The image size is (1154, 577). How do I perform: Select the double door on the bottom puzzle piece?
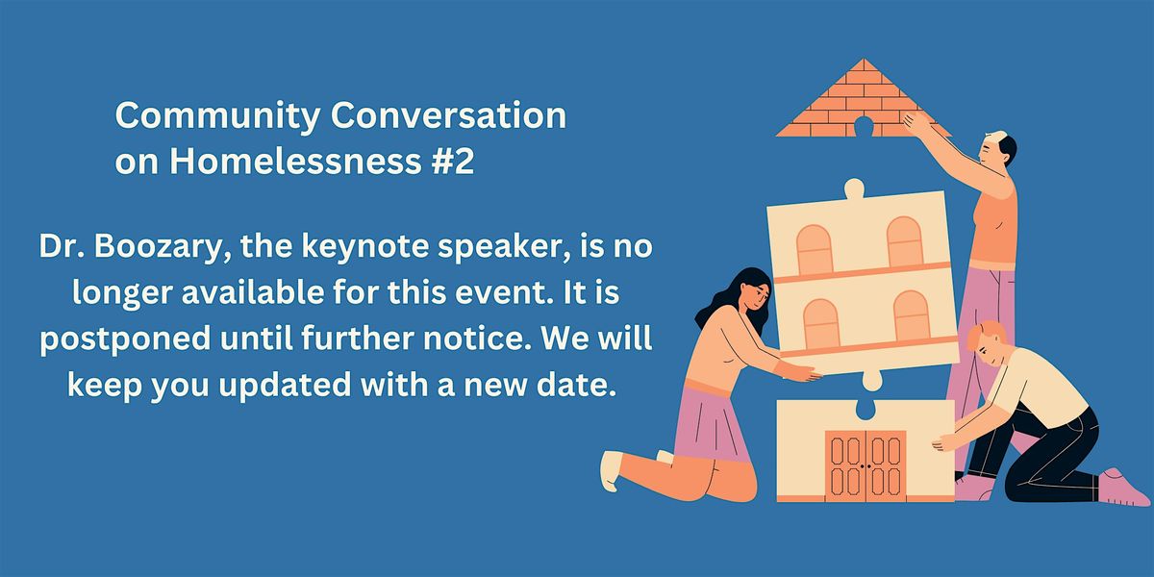pos(865,464)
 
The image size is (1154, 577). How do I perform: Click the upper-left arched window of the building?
pos(815,249)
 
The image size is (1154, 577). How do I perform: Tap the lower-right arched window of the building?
pos(911,316)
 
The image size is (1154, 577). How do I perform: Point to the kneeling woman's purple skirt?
pos(712,420)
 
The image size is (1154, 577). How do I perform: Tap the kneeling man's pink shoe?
pos(1123,487)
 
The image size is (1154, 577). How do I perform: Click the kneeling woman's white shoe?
pos(612,470)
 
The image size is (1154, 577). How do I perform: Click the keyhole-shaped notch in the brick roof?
pos(863,126)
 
